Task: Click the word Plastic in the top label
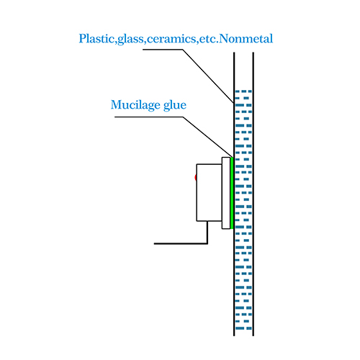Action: tap(96, 39)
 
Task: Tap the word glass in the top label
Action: tap(130, 40)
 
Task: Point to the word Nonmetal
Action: tap(246, 39)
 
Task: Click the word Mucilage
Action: tap(135, 105)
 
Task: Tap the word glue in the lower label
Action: tap(175, 105)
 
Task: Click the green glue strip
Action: tap(232, 193)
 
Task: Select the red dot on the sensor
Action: tap(196, 178)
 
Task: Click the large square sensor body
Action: tap(209, 192)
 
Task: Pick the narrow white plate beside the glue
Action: tap(226, 193)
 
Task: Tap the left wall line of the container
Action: tap(234, 194)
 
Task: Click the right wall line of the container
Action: tap(253, 194)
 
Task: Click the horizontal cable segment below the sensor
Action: tap(181, 243)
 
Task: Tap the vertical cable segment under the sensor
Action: tap(207, 233)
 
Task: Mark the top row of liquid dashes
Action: tap(243, 91)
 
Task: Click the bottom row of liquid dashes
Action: tap(243, 328)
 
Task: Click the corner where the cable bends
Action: tap(207, 243)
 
